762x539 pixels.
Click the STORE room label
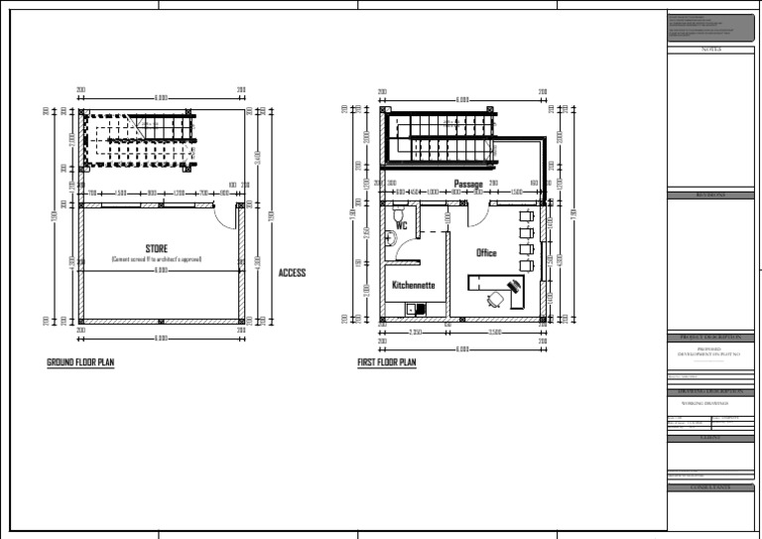[x=156, y=248]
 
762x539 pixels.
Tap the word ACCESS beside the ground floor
[x=292, y=273]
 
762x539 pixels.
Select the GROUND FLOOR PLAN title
[x=80, y=363]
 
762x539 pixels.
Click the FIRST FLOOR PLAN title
[x=387, y=363]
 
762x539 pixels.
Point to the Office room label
[x=486, y=253]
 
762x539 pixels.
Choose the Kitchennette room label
[x=413, y=285]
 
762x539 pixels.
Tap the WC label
[x=402, y=226]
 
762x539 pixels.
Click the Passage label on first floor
[x=468, y=185]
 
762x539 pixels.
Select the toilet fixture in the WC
[x=400, y=213]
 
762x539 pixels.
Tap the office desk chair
[x=493, y=298]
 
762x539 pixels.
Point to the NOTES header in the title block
[x=710, y=49]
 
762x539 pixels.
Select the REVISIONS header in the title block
[x=710, y=196]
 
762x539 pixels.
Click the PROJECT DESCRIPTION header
[x=710, y=338]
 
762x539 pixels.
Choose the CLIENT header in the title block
[x=710, y=438]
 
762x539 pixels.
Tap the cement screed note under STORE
[x=156, y=259]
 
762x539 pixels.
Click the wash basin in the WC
[x=388, y=237]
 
